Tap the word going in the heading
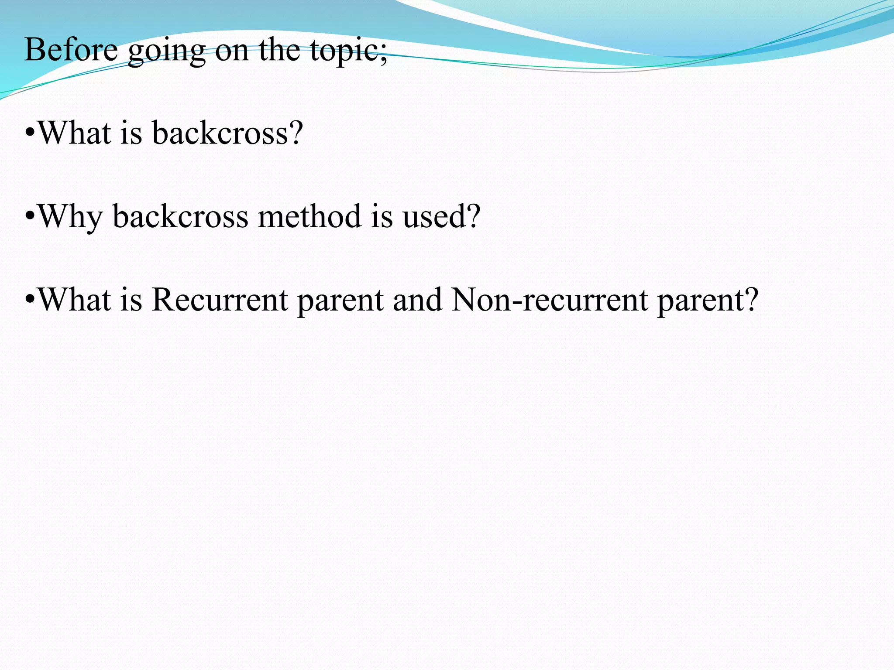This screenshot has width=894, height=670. coord(166,51)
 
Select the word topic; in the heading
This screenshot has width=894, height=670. coord(348,51)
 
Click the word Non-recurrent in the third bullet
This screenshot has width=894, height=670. coord(550,300)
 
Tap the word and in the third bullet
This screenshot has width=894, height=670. coord(417,300)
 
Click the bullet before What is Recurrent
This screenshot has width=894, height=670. coord(30,300)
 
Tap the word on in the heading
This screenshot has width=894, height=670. coord(232,51)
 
